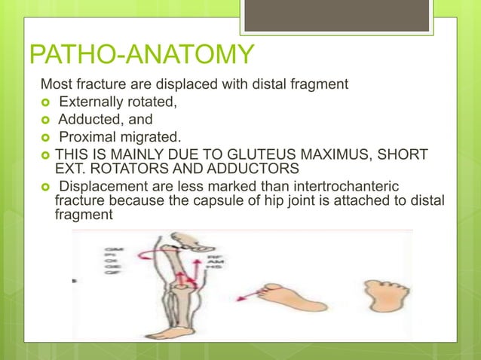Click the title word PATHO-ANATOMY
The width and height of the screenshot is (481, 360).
[x=141, y=55]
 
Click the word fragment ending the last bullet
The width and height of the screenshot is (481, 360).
[x=84, y=215]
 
